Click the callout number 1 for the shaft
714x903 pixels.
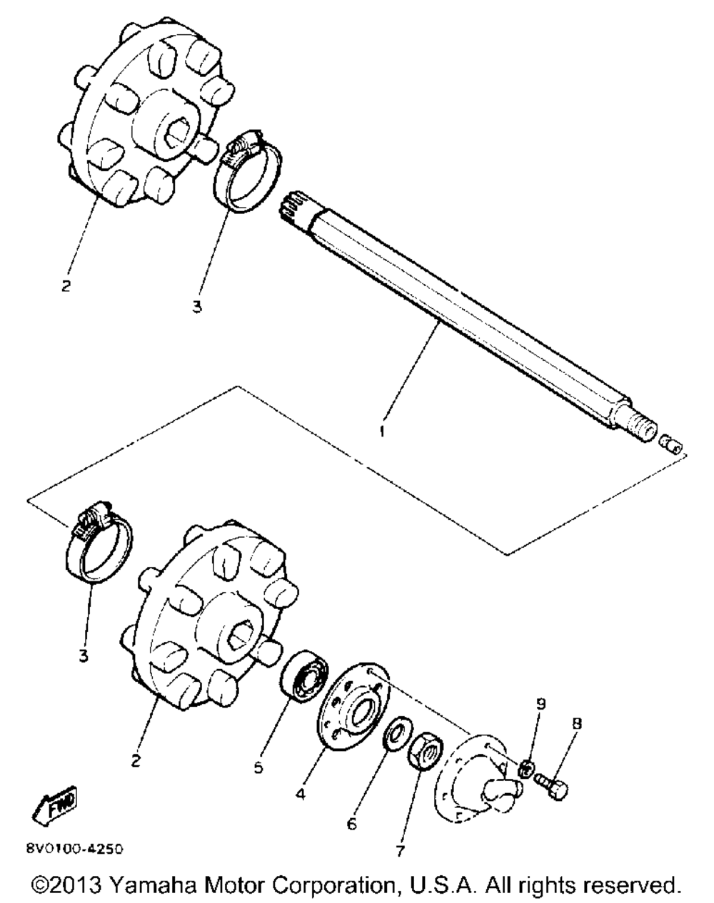[x=382, y=431]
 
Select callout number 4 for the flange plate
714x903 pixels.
[x=300, y=794]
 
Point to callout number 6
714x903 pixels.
[x=352, y=823]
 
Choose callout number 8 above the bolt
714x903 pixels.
[x=577, y=723]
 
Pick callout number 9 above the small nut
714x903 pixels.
[x=541, y=704]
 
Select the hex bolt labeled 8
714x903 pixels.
[x=551, y=789]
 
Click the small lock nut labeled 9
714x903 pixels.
[x=527, y=769]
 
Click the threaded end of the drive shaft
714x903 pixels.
[x=639, y=428]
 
